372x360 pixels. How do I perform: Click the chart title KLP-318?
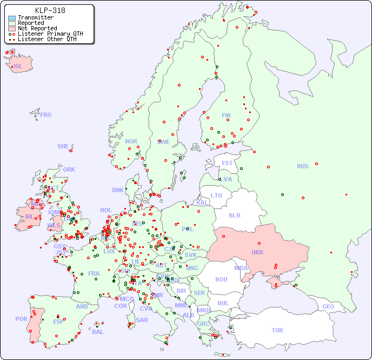pyautogui.click(x=50, y=10)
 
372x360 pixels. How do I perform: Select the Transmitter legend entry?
pyautogui.click(x=35, y=17)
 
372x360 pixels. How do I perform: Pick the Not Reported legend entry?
pyautogui.click(x=37, y=28)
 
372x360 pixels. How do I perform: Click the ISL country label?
pyautogui.click(x=18, y=67)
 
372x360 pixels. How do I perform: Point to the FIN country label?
pyautogui.click(x=226, y=115)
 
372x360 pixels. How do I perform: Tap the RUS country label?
pyautogui.click(x=302, y=166)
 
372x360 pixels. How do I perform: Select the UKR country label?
pyautogui.click(x=257, y=252)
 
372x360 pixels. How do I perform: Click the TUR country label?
pyautogui.click(x=277, y=330)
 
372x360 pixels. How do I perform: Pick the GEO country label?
pyautogui.click(x=328, y=306)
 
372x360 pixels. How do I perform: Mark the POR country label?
pyautogui.click(x=21, y=319)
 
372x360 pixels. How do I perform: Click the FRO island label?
pyautogui.click(x=46, y=115)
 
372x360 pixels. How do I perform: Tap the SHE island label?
pyautogui.click(x=63, y=146)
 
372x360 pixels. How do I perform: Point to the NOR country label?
pyautogui.click(x=131, y=141)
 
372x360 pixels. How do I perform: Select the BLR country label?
pyautogui.click(x=235, y=215)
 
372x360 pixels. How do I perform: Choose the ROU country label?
pyautogui.click(x=221, y=279)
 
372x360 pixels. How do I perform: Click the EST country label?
pyautogui.click(x=227, y=163)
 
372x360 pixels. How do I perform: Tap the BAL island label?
pyautogui.click(x=97, y=332)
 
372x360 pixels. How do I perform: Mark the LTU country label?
pyautogui.click(x=216, y=195)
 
